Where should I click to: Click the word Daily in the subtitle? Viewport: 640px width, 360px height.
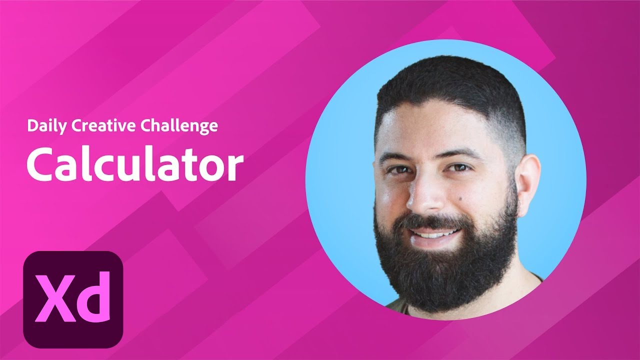[x=46, y=125]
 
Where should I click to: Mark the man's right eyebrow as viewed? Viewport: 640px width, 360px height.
[x=460, y=152]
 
